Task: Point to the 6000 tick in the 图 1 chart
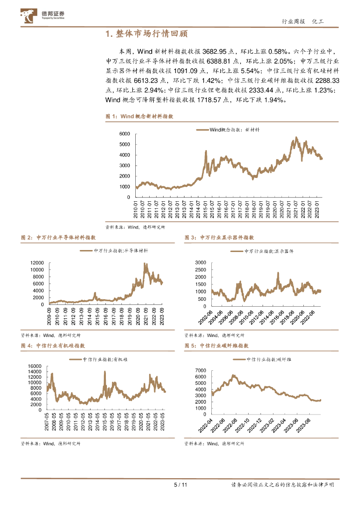click(124, 134)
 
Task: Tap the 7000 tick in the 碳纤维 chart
click(200, 371)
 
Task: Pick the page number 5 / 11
click(180, 485)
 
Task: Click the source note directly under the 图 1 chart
click(135, 227)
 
